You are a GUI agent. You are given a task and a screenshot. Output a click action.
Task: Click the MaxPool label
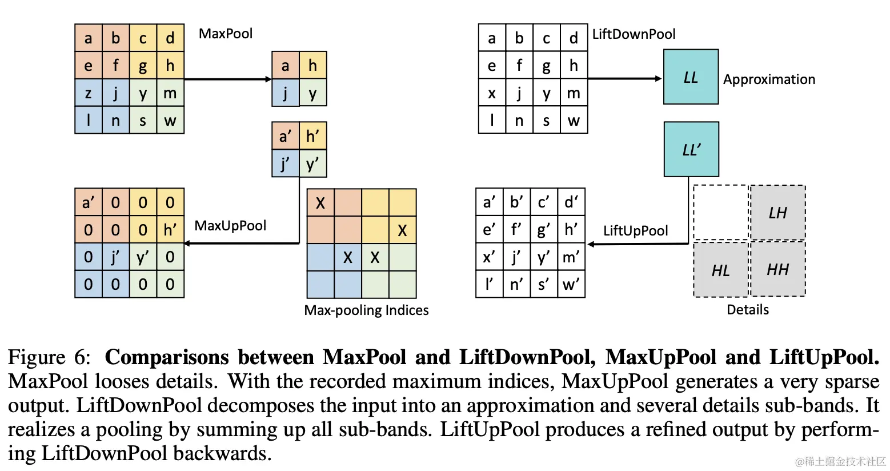[225, 34]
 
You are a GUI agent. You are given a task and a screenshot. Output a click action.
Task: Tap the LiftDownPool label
[634, 34]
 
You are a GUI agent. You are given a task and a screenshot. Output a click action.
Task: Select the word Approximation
[769, 79]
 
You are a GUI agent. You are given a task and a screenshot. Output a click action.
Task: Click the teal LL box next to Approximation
[691, 77]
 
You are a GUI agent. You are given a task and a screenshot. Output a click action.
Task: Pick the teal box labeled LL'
[691, 149]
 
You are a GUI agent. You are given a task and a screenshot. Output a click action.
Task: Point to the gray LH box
[777, 213]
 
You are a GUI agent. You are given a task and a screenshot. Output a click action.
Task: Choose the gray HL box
[720, 270]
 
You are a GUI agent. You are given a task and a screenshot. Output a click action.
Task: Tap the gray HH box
[777, 269]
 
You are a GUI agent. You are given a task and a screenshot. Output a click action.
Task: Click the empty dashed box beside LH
[720, 213]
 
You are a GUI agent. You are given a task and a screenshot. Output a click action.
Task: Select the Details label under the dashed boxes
[747, 310]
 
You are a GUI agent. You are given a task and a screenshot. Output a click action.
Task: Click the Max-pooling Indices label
[366, 310]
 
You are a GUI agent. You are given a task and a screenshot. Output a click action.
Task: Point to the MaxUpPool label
[230, 226]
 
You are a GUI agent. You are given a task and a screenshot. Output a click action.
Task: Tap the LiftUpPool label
[635, 231]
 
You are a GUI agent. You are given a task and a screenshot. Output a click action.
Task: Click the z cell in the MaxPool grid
[89, 93]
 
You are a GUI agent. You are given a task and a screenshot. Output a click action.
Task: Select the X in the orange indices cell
[320, 203]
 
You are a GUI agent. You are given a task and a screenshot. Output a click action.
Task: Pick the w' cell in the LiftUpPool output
[571, 284]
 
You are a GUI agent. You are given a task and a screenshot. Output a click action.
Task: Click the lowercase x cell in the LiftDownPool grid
[492, 93]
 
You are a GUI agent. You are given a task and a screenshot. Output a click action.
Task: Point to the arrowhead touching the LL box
[658, 78]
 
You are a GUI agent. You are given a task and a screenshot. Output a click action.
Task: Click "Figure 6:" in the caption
[49, 357]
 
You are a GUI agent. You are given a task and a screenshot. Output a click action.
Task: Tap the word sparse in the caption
[847, 381]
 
